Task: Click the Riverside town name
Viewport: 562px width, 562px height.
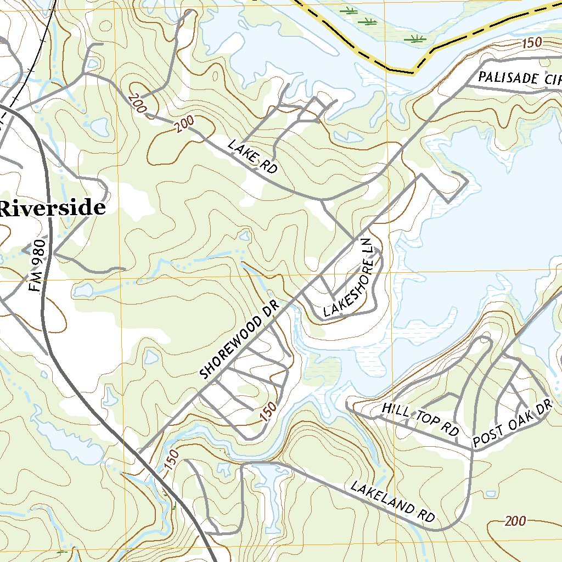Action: coord(53,209)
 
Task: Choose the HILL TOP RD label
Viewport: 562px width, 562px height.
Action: coord(420,419)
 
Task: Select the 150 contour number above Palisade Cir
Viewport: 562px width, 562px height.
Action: coord(531,43)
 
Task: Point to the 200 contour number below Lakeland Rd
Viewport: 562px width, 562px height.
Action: coord(515,521)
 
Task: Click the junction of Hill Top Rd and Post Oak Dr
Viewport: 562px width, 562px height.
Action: coord(471,448)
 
